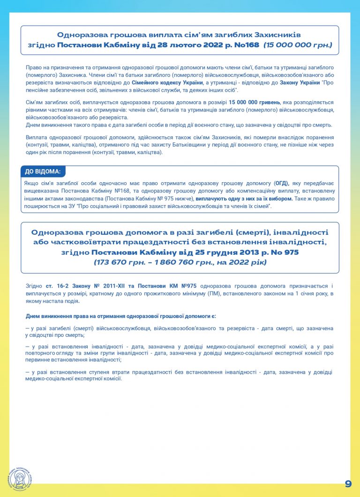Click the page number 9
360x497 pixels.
pos(348,483)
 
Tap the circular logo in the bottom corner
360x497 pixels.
pos(19,480)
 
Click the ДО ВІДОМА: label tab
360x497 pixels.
pos(43,171)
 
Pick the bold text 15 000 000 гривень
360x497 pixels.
pos(254,103)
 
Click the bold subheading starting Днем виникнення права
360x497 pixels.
pos(120,316)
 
